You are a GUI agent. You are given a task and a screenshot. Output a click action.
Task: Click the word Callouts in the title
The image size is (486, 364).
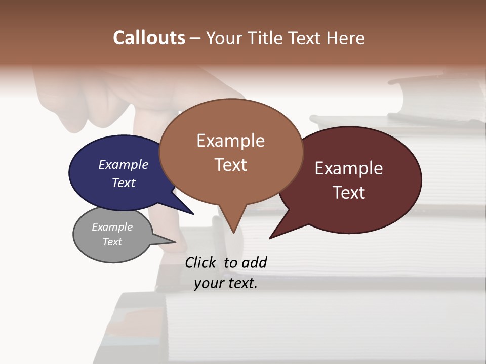pos(149,38)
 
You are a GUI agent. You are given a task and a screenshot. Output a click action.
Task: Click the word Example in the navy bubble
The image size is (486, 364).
pos(124,165)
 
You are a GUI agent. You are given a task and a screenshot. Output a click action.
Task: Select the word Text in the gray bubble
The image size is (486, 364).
pos(112,242)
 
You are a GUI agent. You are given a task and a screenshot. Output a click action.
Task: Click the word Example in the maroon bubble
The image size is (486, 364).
pos(349,168)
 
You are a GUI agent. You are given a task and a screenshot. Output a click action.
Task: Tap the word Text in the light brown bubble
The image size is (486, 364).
pos(231,165)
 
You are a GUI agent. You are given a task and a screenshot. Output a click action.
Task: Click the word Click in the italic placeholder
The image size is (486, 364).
pos(201,262)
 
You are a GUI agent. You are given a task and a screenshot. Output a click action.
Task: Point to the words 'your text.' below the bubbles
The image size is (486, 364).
pos(226,283)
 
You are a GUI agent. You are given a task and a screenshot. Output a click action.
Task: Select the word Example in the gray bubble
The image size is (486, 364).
pos(112,227)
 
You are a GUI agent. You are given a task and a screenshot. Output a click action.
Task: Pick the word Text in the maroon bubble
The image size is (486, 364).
pos(349,193)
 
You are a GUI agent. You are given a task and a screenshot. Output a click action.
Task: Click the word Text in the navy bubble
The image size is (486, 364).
pos(124,183)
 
